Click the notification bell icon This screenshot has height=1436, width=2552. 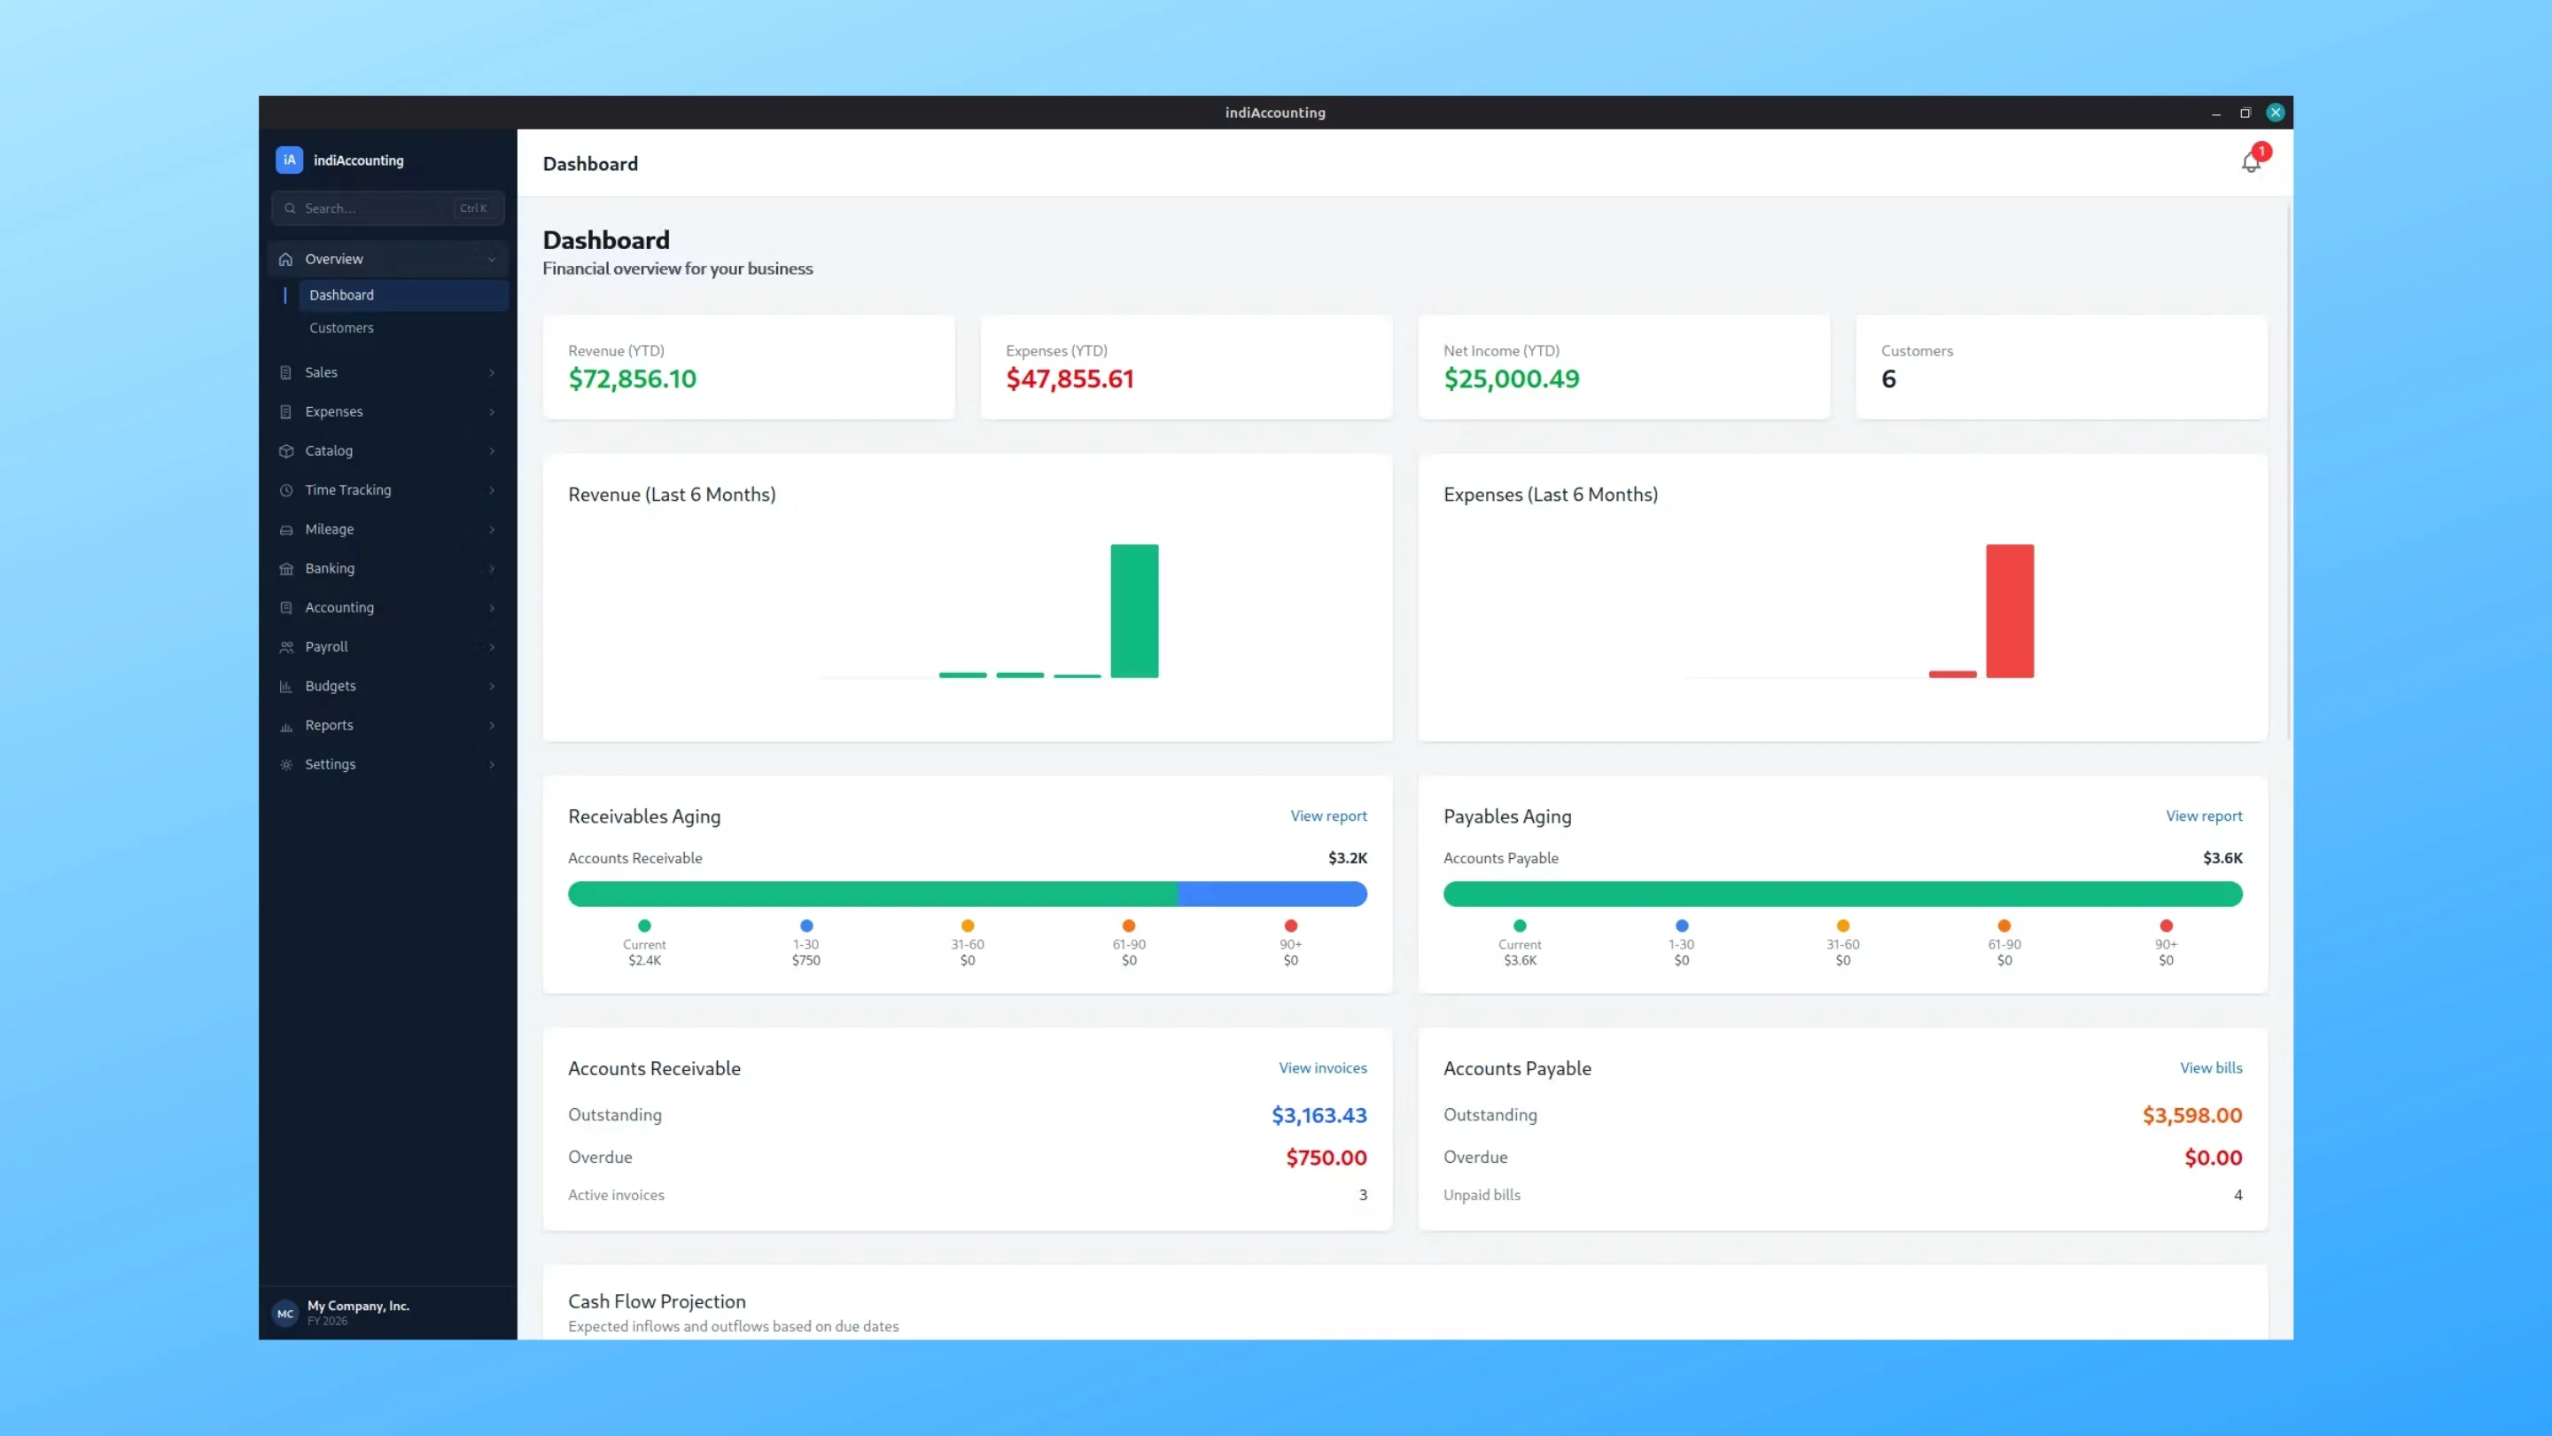pos(2250,162)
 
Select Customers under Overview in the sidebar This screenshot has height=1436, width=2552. pos(341,328)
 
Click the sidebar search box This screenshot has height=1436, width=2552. pos(387,208)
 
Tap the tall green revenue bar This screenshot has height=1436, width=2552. pos(1134,611)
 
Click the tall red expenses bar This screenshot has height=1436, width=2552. pos(2009,611)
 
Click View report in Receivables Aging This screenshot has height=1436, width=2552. pos(1328,816)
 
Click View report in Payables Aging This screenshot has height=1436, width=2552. pos(2203,816)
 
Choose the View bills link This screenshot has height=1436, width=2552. pos(2210,1067)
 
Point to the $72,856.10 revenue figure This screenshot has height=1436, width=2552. pos(632,379)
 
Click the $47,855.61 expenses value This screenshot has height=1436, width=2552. pos(1070,379)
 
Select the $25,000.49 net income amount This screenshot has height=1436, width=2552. pos(1511,379)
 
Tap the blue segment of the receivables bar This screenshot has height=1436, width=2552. pos(1272,894)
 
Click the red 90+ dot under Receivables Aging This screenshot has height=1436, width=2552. pos(1290,925)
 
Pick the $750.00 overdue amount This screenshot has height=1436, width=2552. pos(1326,1158)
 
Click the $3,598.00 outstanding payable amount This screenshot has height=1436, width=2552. pos(2191,1115)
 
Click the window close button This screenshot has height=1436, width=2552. pos(2275,113)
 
